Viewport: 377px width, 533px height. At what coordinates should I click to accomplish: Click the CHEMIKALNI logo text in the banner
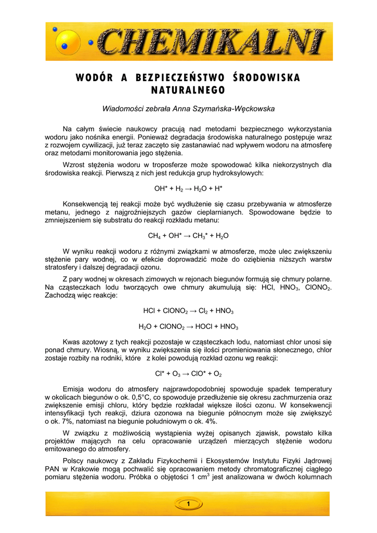pos(211,42)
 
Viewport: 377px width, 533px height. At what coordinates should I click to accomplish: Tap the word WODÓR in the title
pos(94,78)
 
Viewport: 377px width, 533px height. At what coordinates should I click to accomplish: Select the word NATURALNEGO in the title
pos(188,90)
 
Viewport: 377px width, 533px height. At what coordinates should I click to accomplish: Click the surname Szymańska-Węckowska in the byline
pos(237,109)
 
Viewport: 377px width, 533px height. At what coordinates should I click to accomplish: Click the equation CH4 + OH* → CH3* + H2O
pos(188,236)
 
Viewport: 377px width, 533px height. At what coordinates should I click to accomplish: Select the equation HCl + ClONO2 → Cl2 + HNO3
pos(188,311)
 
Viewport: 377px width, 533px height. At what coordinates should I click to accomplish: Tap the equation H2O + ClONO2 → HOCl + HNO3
pos(188,327)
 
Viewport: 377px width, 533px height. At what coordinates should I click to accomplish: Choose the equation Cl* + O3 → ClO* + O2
pos(188,373)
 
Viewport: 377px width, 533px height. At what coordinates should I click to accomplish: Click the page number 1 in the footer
pos(188,503)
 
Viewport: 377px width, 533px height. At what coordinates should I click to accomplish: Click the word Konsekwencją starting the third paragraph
pos(86,204)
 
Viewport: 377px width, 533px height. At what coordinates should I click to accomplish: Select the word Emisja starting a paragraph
pos(73,389)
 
